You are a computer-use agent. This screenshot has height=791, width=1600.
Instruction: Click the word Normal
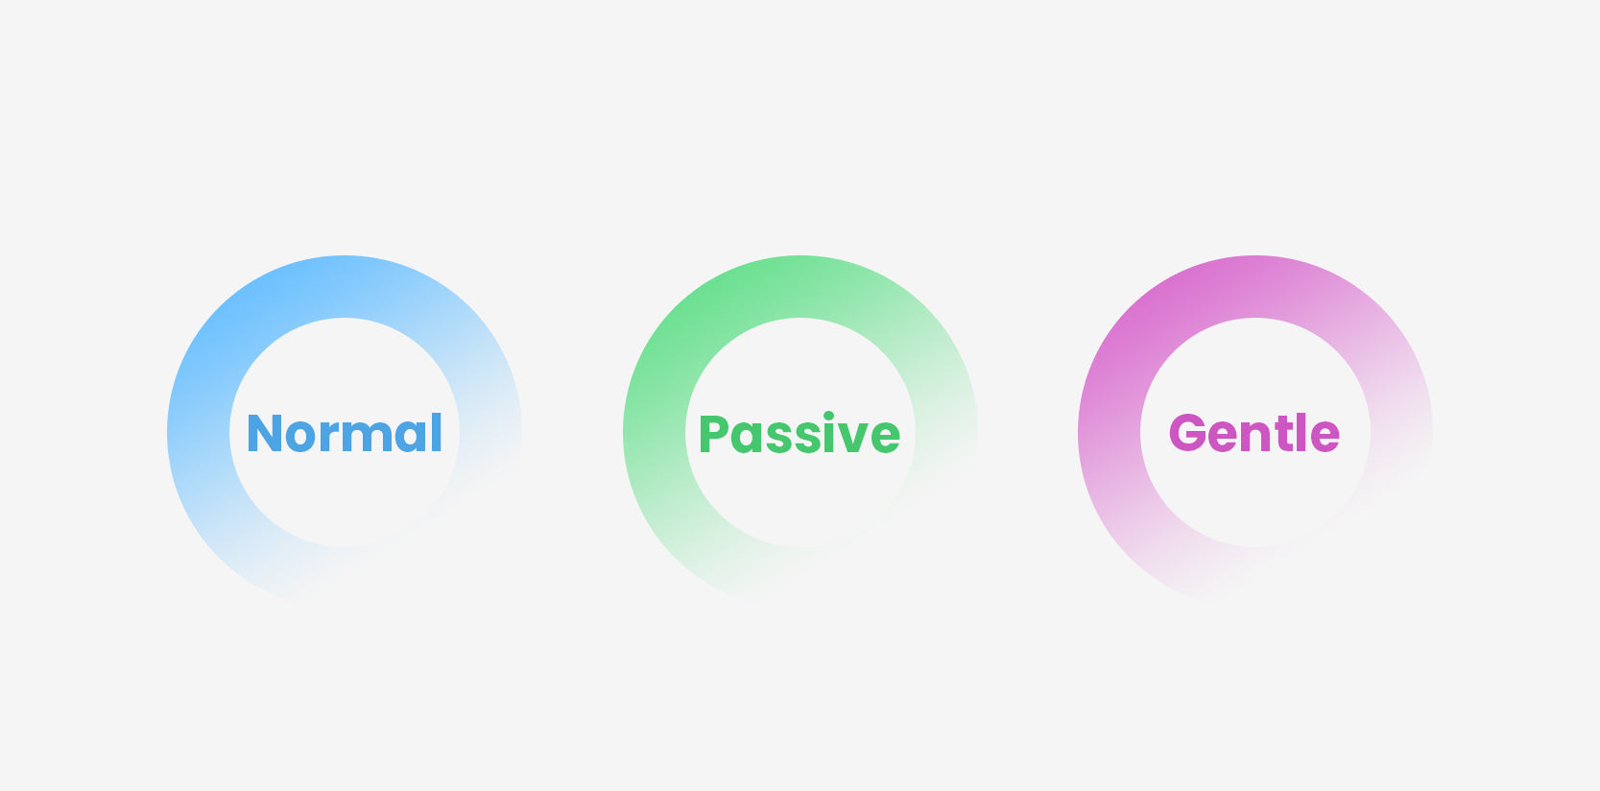point(345,433)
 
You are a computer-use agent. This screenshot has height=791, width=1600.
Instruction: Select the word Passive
point(800,433)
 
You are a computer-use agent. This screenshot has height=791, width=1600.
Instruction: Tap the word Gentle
point(1254,432)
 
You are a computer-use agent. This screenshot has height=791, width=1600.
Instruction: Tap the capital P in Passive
point(713,433)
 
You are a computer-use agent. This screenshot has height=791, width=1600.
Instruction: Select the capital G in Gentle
point(1187,432)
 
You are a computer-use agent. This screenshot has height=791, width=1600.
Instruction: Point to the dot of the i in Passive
point(828,415)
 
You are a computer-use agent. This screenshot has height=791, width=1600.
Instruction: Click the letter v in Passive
point(853,438)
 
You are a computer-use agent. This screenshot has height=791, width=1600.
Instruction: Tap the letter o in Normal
point(299,438)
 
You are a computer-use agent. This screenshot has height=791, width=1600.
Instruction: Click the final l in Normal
point(437,432)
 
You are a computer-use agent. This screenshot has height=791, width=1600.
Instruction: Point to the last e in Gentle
point(1325,438)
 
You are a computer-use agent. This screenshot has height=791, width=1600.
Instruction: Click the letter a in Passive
point(748,438)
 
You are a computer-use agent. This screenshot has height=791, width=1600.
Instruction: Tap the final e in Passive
point(886,438)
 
